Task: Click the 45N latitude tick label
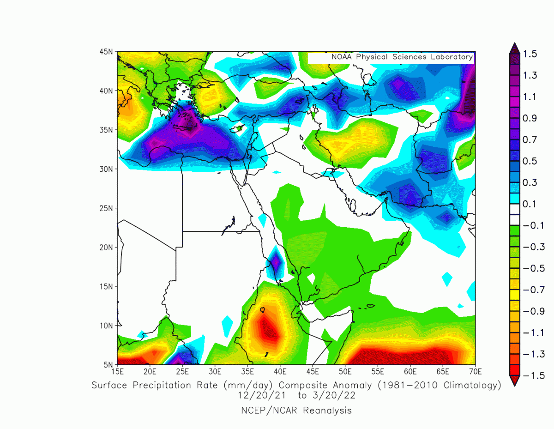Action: click(x=107, y=51)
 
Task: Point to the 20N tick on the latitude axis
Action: click(x=107, y=247)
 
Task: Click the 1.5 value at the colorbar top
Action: click(x=530, y=54)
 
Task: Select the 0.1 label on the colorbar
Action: click(x=530, y=204)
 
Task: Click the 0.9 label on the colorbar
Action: click(x=530, y=118)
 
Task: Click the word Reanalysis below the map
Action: click(x=327, y=410)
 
